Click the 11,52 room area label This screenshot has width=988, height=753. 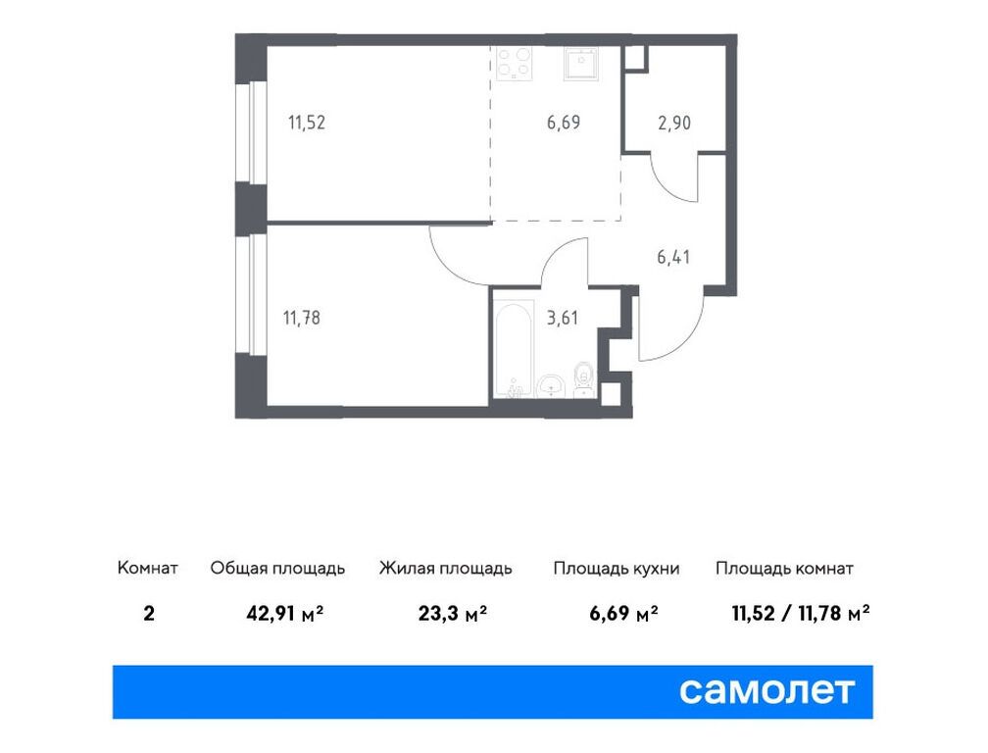[306, 124]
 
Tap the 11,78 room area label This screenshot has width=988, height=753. [302, 317]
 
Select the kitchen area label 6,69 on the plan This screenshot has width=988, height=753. [564, 124]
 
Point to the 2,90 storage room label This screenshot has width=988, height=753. [675, 124]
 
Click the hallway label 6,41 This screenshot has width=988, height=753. [675, 258]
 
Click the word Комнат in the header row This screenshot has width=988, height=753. [147, 569]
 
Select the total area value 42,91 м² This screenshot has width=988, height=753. [284, 615]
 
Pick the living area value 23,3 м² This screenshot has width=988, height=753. [448, 615]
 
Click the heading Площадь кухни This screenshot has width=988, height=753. [616, 569]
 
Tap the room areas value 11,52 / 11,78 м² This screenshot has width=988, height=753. [801, 615]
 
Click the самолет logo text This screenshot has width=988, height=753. [767, 691]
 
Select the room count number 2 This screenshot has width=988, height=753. [148, 615]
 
